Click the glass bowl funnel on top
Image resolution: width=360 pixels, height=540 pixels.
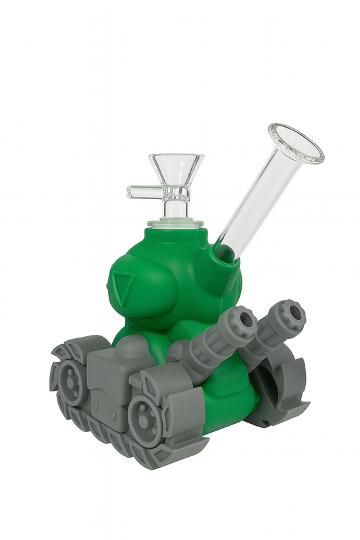(x=174, y=167)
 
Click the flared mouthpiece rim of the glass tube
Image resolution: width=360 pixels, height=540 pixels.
(x=296, y=143)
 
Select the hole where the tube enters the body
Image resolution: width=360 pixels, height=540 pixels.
(x=223, y=254)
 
